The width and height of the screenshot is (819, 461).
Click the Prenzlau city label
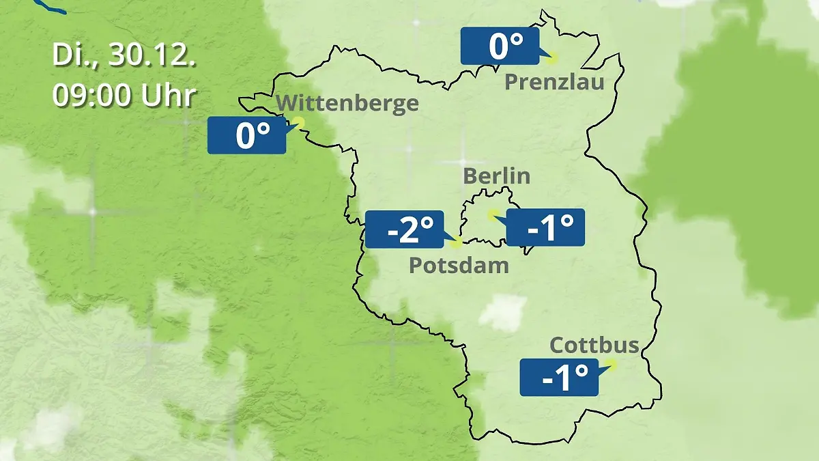(554, 83)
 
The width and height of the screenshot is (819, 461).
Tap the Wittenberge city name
(348, 104)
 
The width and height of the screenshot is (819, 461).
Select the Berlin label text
(496, 176)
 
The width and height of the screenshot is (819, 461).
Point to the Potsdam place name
(459, 265)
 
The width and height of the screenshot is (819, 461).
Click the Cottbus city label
(594, 345)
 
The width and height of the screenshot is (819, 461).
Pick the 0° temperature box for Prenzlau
(499, 46)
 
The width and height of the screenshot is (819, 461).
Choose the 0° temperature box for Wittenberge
(246, 135)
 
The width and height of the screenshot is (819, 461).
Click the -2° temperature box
(405, 229)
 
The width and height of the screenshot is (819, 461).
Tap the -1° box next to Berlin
(545, 227)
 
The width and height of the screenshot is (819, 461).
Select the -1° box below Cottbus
(559, 377)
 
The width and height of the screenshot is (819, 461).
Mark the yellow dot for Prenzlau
(551, 58)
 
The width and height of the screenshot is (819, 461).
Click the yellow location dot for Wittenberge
(298, 124)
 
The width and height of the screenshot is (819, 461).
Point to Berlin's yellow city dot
(492, 214)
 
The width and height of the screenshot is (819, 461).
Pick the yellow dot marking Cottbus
(611, 365)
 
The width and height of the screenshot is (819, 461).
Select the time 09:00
(92, 96)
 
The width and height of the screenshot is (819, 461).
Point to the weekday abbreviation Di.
(71, 55)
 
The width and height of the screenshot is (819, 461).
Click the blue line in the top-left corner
(51, 6)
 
